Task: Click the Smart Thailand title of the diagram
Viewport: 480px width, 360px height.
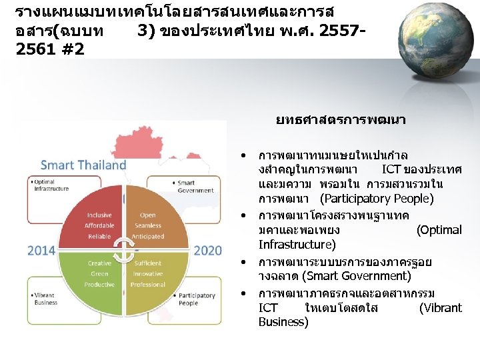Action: [x=83, y=165]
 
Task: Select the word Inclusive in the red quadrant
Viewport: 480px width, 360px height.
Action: [x=99, y=215]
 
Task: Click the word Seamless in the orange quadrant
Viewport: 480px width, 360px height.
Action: [x=148, y=226]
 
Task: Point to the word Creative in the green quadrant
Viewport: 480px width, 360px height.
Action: [x=99, y=263]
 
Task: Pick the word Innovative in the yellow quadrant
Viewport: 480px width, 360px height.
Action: [x=147, y=274]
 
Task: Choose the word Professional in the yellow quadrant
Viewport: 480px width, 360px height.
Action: [x=148, y=285]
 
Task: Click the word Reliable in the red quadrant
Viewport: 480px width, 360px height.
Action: [x=99, y=237]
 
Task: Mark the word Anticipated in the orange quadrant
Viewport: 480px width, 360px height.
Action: [x=148, y=237]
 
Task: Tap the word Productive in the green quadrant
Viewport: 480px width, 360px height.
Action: [x=99, y=285]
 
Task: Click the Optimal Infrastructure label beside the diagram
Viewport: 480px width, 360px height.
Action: [x=51, y=185]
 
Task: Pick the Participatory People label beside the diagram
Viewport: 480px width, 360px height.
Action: [x=196, y=299]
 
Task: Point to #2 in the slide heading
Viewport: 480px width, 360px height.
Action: [x=71, y=50]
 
